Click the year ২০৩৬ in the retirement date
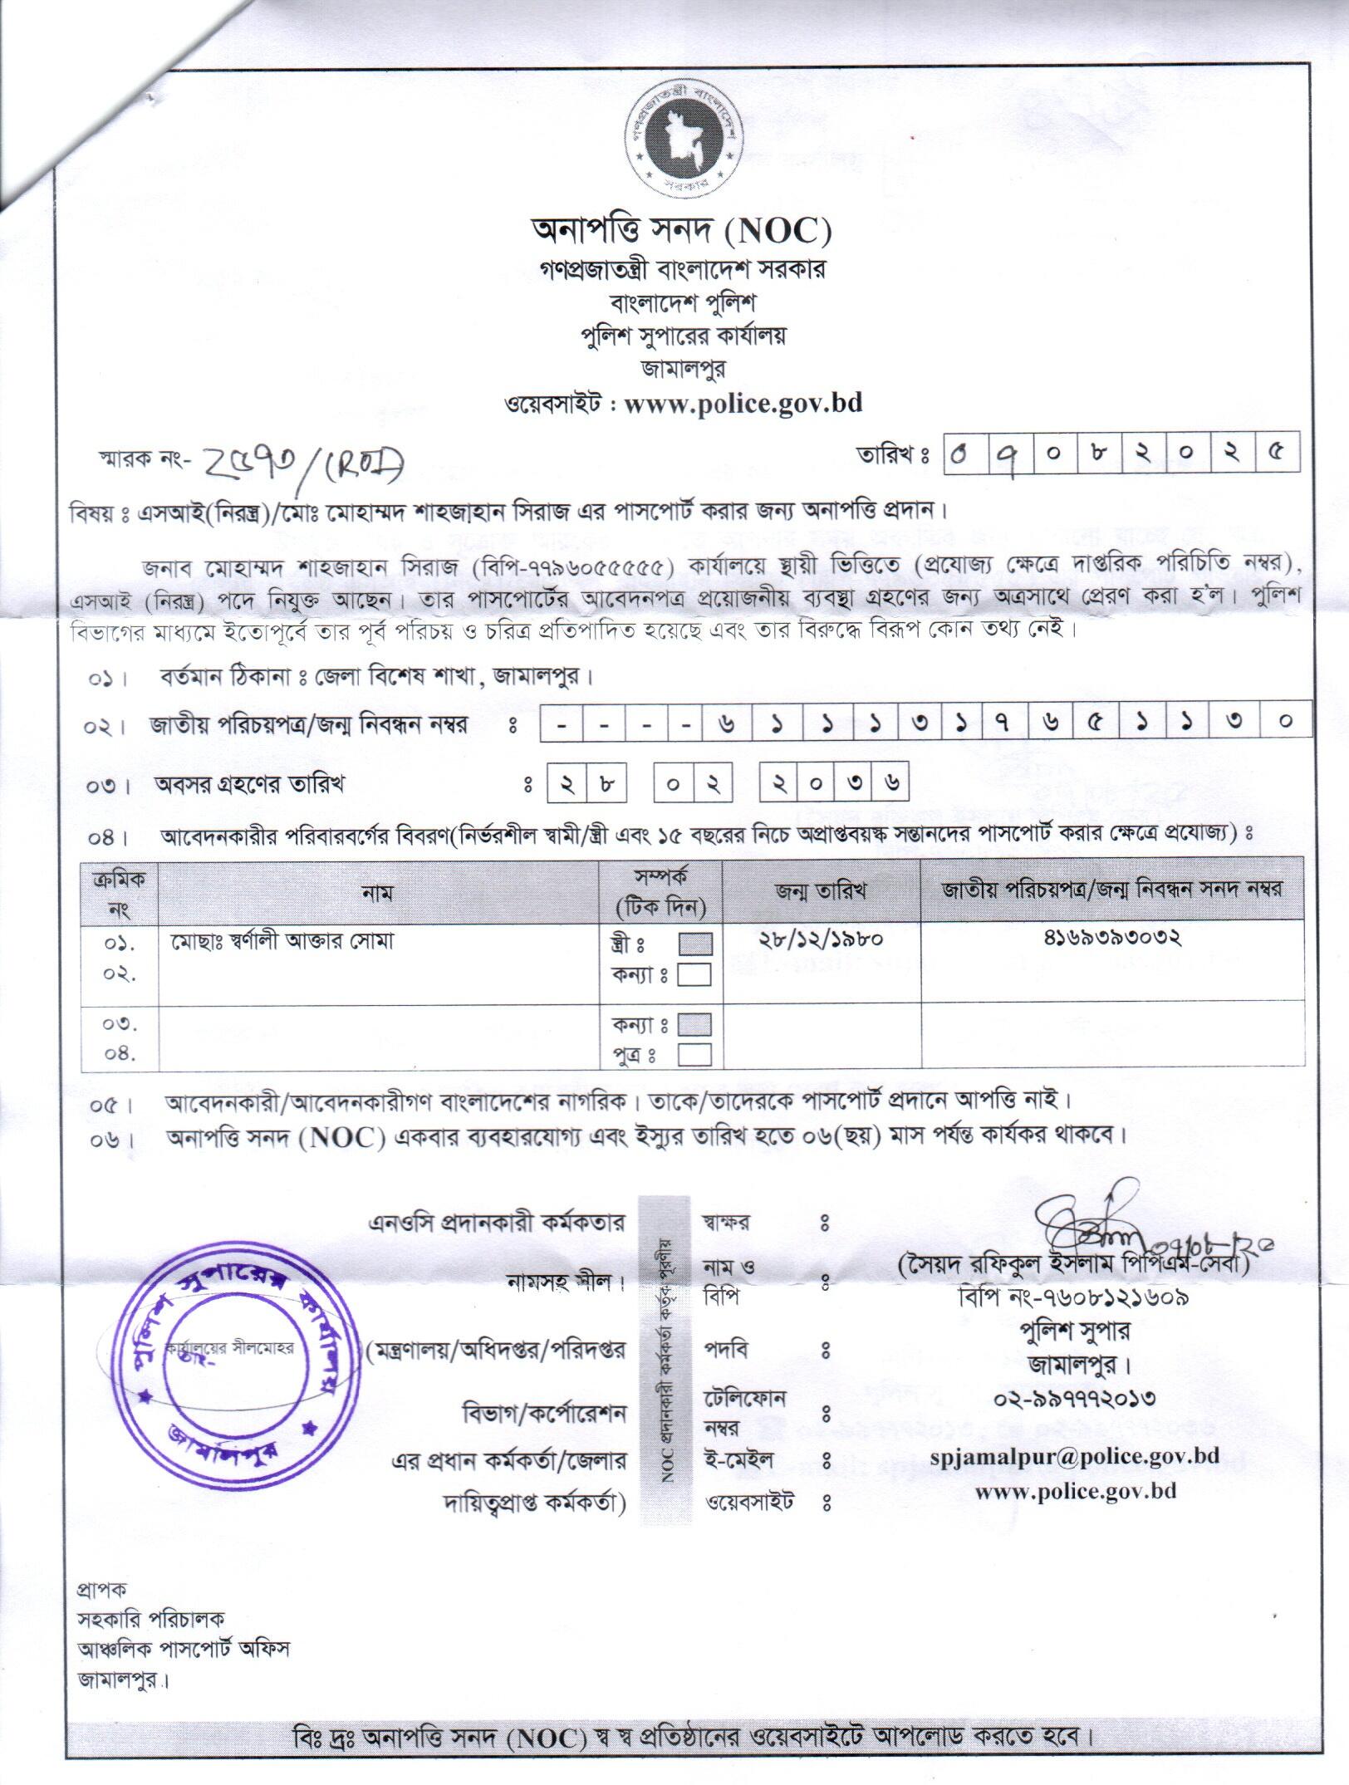pyautogui.click(x=834, y=782)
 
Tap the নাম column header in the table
pyautogui.click(x=377, y=893)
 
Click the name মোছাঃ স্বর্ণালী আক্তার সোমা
pyautogui.click(x=282, y=942)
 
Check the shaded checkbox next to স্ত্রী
pyautogui.click(x=694, y=944)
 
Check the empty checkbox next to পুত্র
pyautogui.click(x=694, y=1055)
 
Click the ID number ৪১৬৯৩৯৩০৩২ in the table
pyautogui.click(x=1113, y=939)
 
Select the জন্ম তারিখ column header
pyautogui.click(x=821, y=891)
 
